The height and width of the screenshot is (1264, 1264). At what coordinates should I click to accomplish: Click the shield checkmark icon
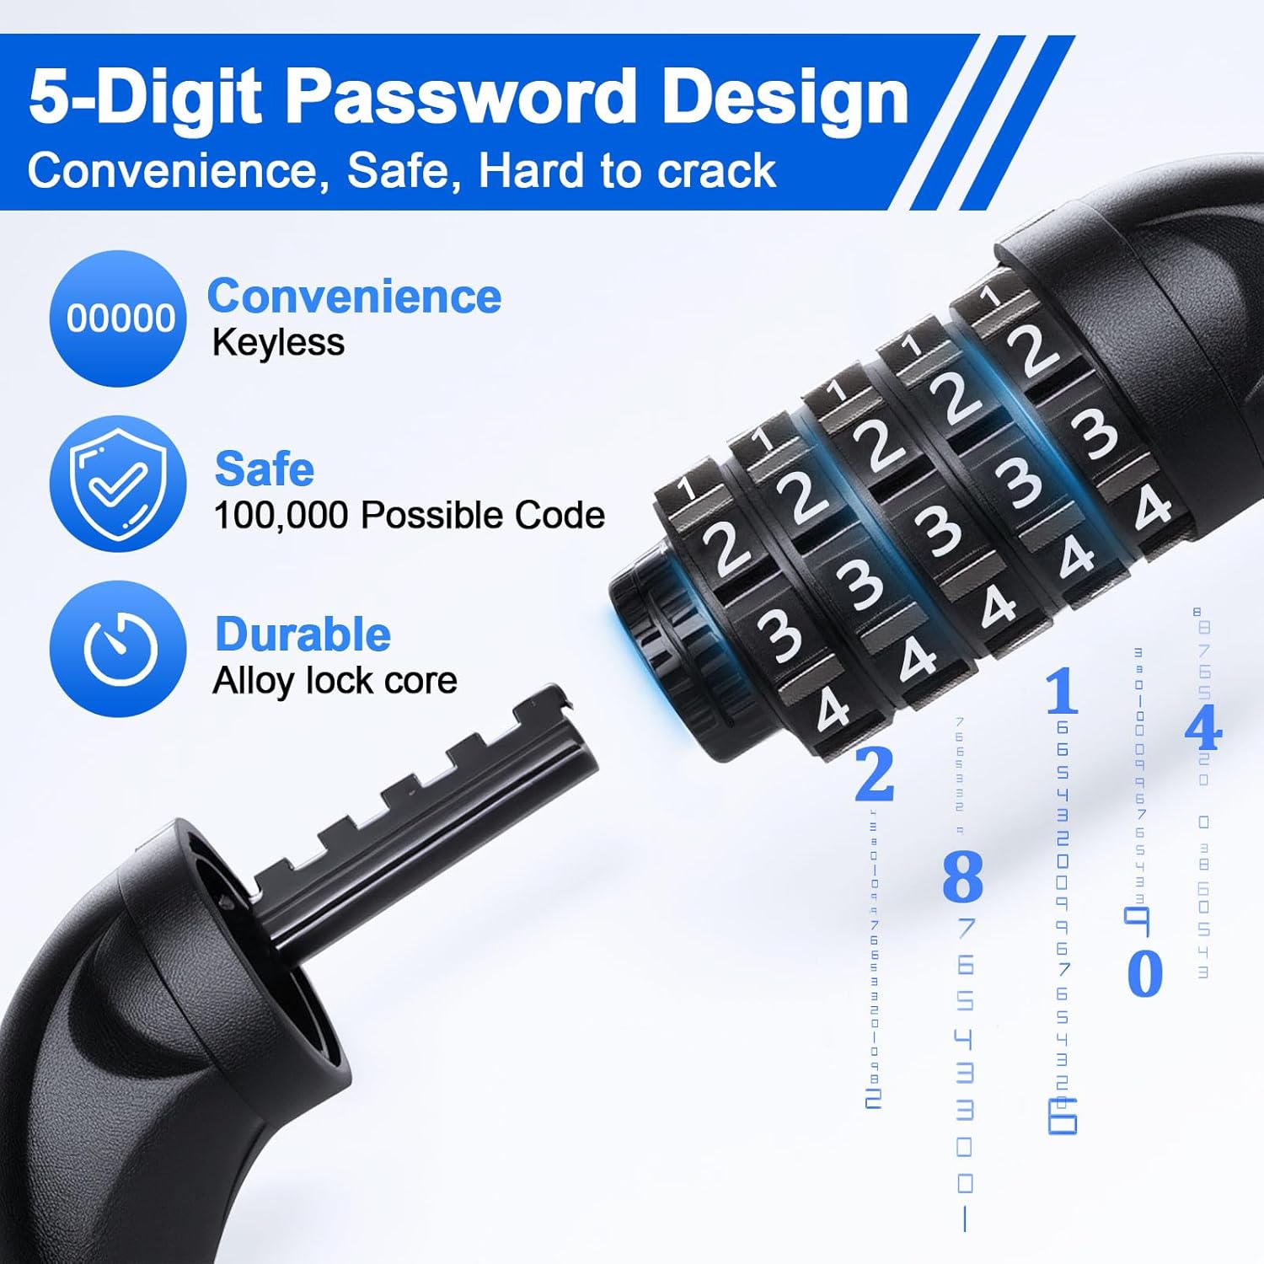(118, 484)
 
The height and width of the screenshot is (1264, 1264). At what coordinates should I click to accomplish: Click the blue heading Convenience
(354, 297)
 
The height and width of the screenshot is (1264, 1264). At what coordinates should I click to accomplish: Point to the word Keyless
(278, 343)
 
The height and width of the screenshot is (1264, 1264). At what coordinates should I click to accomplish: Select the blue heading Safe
(264, 469)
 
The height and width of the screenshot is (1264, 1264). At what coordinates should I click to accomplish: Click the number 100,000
(281, 516)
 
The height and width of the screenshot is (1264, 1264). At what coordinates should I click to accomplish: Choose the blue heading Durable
(303, 635)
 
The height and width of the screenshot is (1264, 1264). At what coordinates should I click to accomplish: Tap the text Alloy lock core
(335, 681)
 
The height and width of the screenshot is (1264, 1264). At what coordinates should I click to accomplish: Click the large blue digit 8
(962, 876)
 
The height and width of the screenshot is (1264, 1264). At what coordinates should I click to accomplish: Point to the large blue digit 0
(1144, 973)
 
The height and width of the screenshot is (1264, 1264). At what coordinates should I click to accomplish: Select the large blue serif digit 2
(874, 774)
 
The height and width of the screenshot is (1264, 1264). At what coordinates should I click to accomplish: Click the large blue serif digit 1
(1062, 691)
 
